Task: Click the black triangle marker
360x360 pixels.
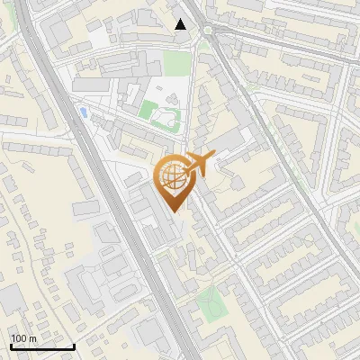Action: point(181,24)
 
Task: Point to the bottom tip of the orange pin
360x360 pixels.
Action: point(172,211)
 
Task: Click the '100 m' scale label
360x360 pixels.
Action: point(23,337)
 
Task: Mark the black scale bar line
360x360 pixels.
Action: point(42,346)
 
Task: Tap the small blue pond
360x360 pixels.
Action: point(83,112)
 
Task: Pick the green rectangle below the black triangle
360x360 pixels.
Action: point(178,63)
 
